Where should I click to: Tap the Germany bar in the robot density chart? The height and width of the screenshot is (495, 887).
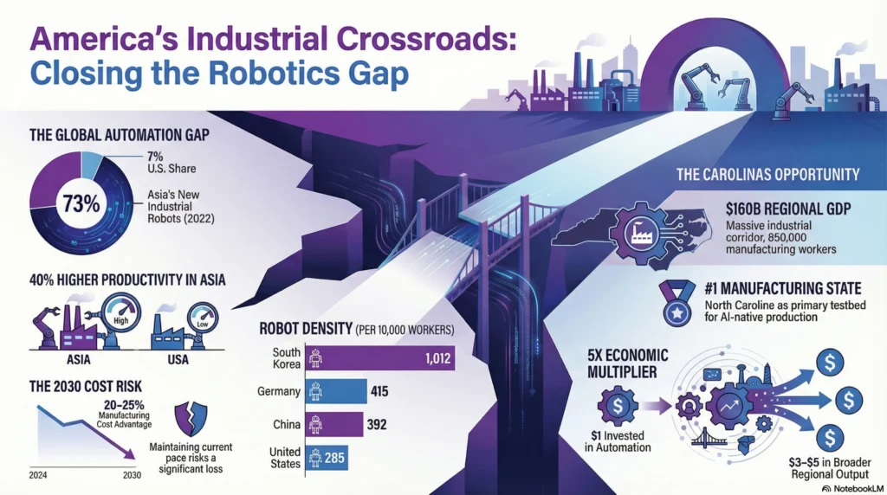338,391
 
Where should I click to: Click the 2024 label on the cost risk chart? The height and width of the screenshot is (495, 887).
37,474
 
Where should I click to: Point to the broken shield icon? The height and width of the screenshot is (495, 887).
192,420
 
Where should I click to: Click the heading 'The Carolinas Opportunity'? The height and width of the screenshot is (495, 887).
767,174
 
